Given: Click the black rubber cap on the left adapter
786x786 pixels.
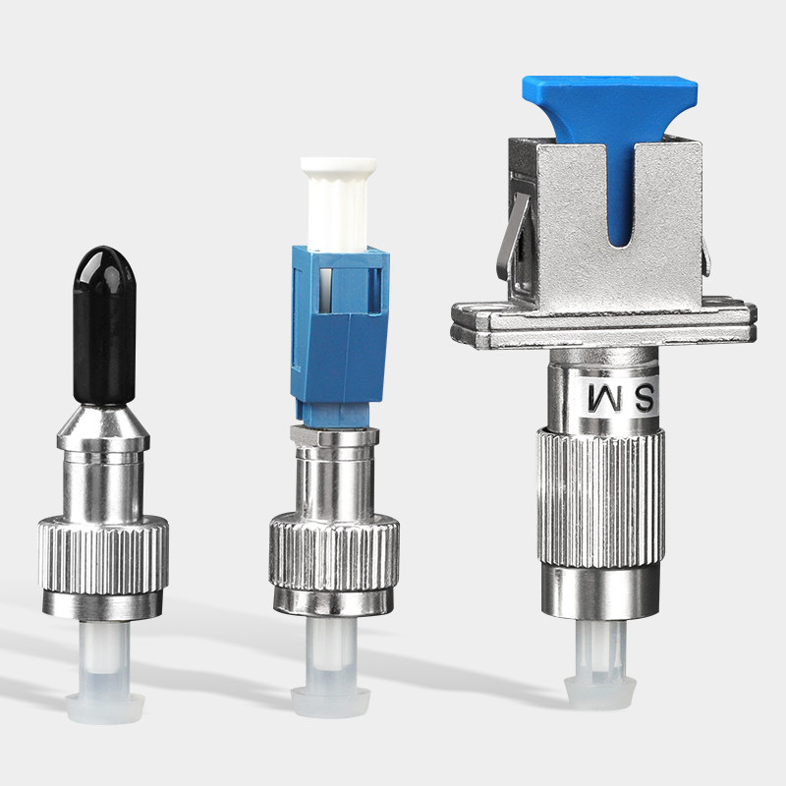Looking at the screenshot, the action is point(104,326).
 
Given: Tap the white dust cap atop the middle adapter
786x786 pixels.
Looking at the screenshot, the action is point(338,203).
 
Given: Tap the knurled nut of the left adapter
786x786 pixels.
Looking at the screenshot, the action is point(103,555).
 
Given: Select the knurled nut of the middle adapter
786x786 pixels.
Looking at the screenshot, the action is point(334,551).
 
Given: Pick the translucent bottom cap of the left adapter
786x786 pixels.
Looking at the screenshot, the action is point(105,672).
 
